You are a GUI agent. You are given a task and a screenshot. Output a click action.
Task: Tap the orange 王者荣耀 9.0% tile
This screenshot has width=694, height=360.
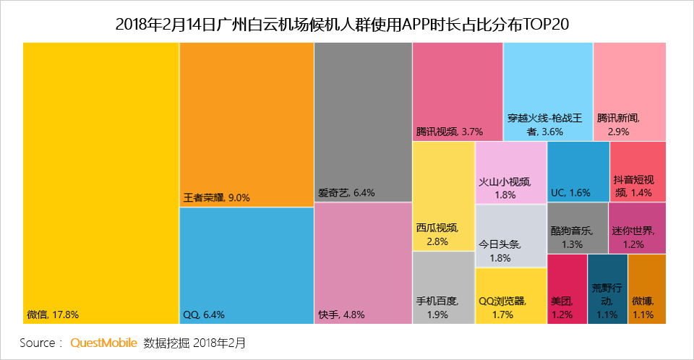[247, 123]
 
